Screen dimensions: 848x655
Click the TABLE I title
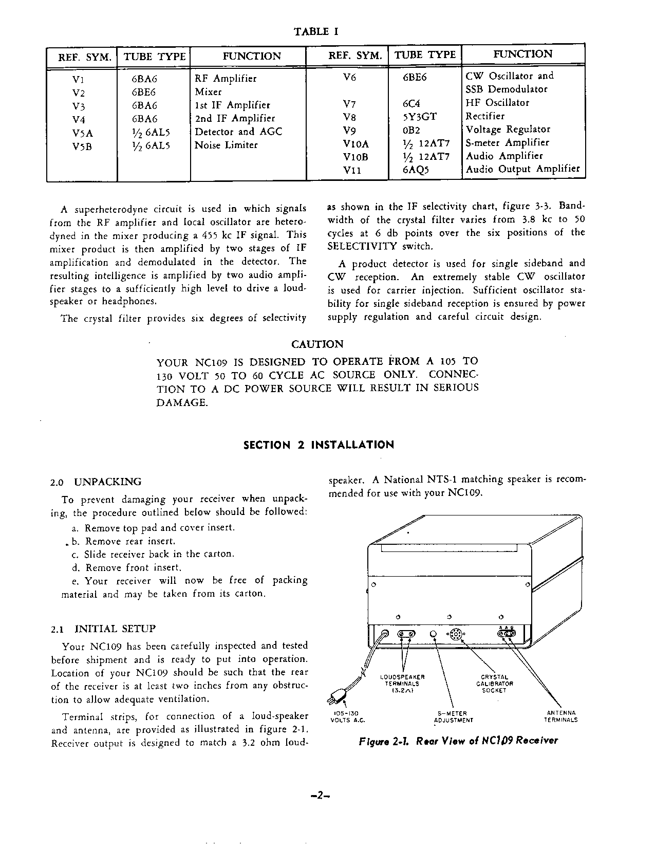[316, 32]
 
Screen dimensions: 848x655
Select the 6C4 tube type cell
[411, 103]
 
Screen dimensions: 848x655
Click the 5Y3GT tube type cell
[420, 117]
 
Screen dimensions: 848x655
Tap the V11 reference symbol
[352, 170]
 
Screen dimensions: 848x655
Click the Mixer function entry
[208, 92]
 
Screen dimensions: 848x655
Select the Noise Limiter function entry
[226, 145]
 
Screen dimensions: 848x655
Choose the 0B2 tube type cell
[411, 130]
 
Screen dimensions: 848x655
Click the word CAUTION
[317, 344]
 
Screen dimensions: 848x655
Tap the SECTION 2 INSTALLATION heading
[319, 445]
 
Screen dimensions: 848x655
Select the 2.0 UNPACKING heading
[96, 482]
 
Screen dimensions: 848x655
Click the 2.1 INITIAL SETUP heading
[103, 629]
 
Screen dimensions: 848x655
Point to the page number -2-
[320, 796]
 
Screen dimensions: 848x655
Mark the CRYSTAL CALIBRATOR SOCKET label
[494, 684]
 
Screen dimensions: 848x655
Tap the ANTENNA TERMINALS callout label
[560, 716]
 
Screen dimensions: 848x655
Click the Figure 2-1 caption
[458, 741]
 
